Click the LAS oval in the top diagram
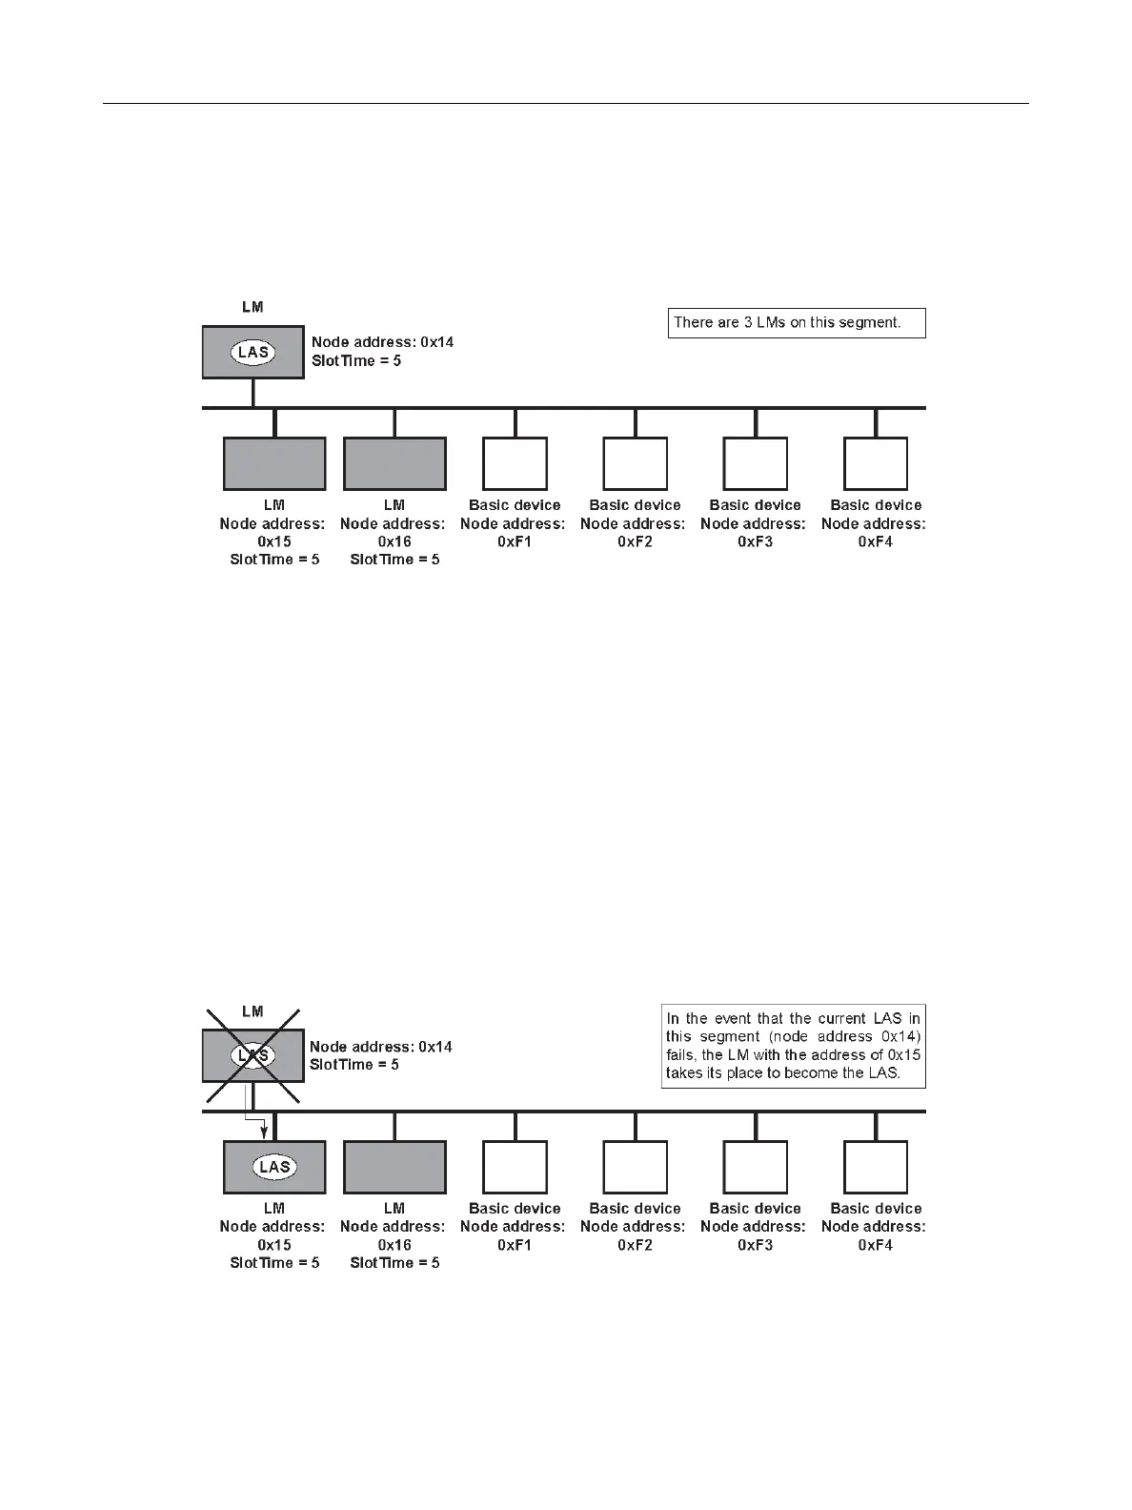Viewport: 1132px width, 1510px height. pyautogui.click(x=253, y=352)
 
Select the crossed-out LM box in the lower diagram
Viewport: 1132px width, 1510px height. pyautogui.click(x=253, y=1055)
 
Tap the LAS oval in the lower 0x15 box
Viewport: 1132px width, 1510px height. pyautogui.click(x=274, y=1167)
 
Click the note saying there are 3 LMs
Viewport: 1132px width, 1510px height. pyautogui.click(x=797, y=322)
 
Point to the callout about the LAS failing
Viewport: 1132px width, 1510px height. pyautogui.click(x=794, y=1046)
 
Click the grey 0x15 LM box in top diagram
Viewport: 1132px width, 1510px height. pyautogui.click(x=274, y=463)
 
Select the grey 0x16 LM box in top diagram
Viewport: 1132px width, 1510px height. pyautogui.click(x=394, y=463)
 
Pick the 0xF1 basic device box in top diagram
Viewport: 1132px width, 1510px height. pyautogui.click(x=515, y=463)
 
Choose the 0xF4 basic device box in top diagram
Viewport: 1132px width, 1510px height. pyautogui.click(x=876, y=463)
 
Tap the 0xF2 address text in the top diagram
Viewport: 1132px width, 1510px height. pyautogui.click(x=636, y=541)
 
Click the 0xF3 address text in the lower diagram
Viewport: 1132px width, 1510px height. pyautogui.click(x=756, y=1245)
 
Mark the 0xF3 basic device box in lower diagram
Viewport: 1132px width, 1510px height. pyautogui.click(x=756, y=1167)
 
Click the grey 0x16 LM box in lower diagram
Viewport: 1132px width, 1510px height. pyautogui.click(x=394, y=1167)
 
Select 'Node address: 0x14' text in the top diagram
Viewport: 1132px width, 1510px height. pyautogui.click(x=382, y=341)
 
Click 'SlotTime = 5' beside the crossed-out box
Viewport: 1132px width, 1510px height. pyautogui.click(x=354, y=1064)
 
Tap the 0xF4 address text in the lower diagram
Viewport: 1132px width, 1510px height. pyautogui.click(x=876, y=1245)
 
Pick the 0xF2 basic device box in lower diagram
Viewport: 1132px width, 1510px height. pyautogui.click(x=636, y=1167)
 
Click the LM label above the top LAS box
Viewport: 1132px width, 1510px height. pyautogui.click(x=253, y=307)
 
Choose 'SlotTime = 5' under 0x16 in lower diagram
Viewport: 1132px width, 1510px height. pyautogui.click(x=394, y=1263)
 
